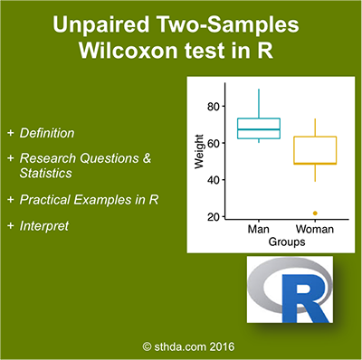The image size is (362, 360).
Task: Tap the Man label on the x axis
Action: click(x=259, y=230)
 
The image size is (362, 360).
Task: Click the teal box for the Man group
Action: click(x=259, y=128)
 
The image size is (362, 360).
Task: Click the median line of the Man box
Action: click(x=259, y=130)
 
